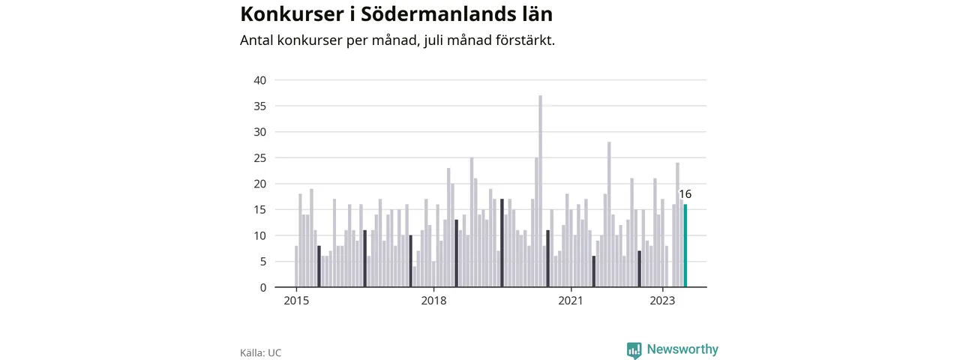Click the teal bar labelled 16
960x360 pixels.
click(685, 245)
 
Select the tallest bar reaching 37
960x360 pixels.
click(541, 191)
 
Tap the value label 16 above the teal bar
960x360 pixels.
click(685, 194)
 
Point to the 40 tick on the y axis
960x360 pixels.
click(260, 80)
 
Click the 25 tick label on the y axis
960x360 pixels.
click(260, 158)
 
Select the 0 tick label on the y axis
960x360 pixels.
click(263, 287)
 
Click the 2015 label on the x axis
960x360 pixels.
click(296, 301)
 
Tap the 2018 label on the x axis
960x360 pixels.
click(433, 301)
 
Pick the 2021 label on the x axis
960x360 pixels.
click(571, 301)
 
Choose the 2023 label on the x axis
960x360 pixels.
click(662, 301)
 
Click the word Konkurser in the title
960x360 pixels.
click(292, 14)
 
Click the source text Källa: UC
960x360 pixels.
click(260, 352)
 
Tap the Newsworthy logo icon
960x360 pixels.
click(634, 350)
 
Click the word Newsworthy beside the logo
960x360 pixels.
click(682, 349)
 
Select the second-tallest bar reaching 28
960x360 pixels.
click(609, 214)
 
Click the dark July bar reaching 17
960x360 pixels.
click(502, 243)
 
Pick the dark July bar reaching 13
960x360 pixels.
click(457, 253)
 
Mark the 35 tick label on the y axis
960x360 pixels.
click(260, 106)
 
